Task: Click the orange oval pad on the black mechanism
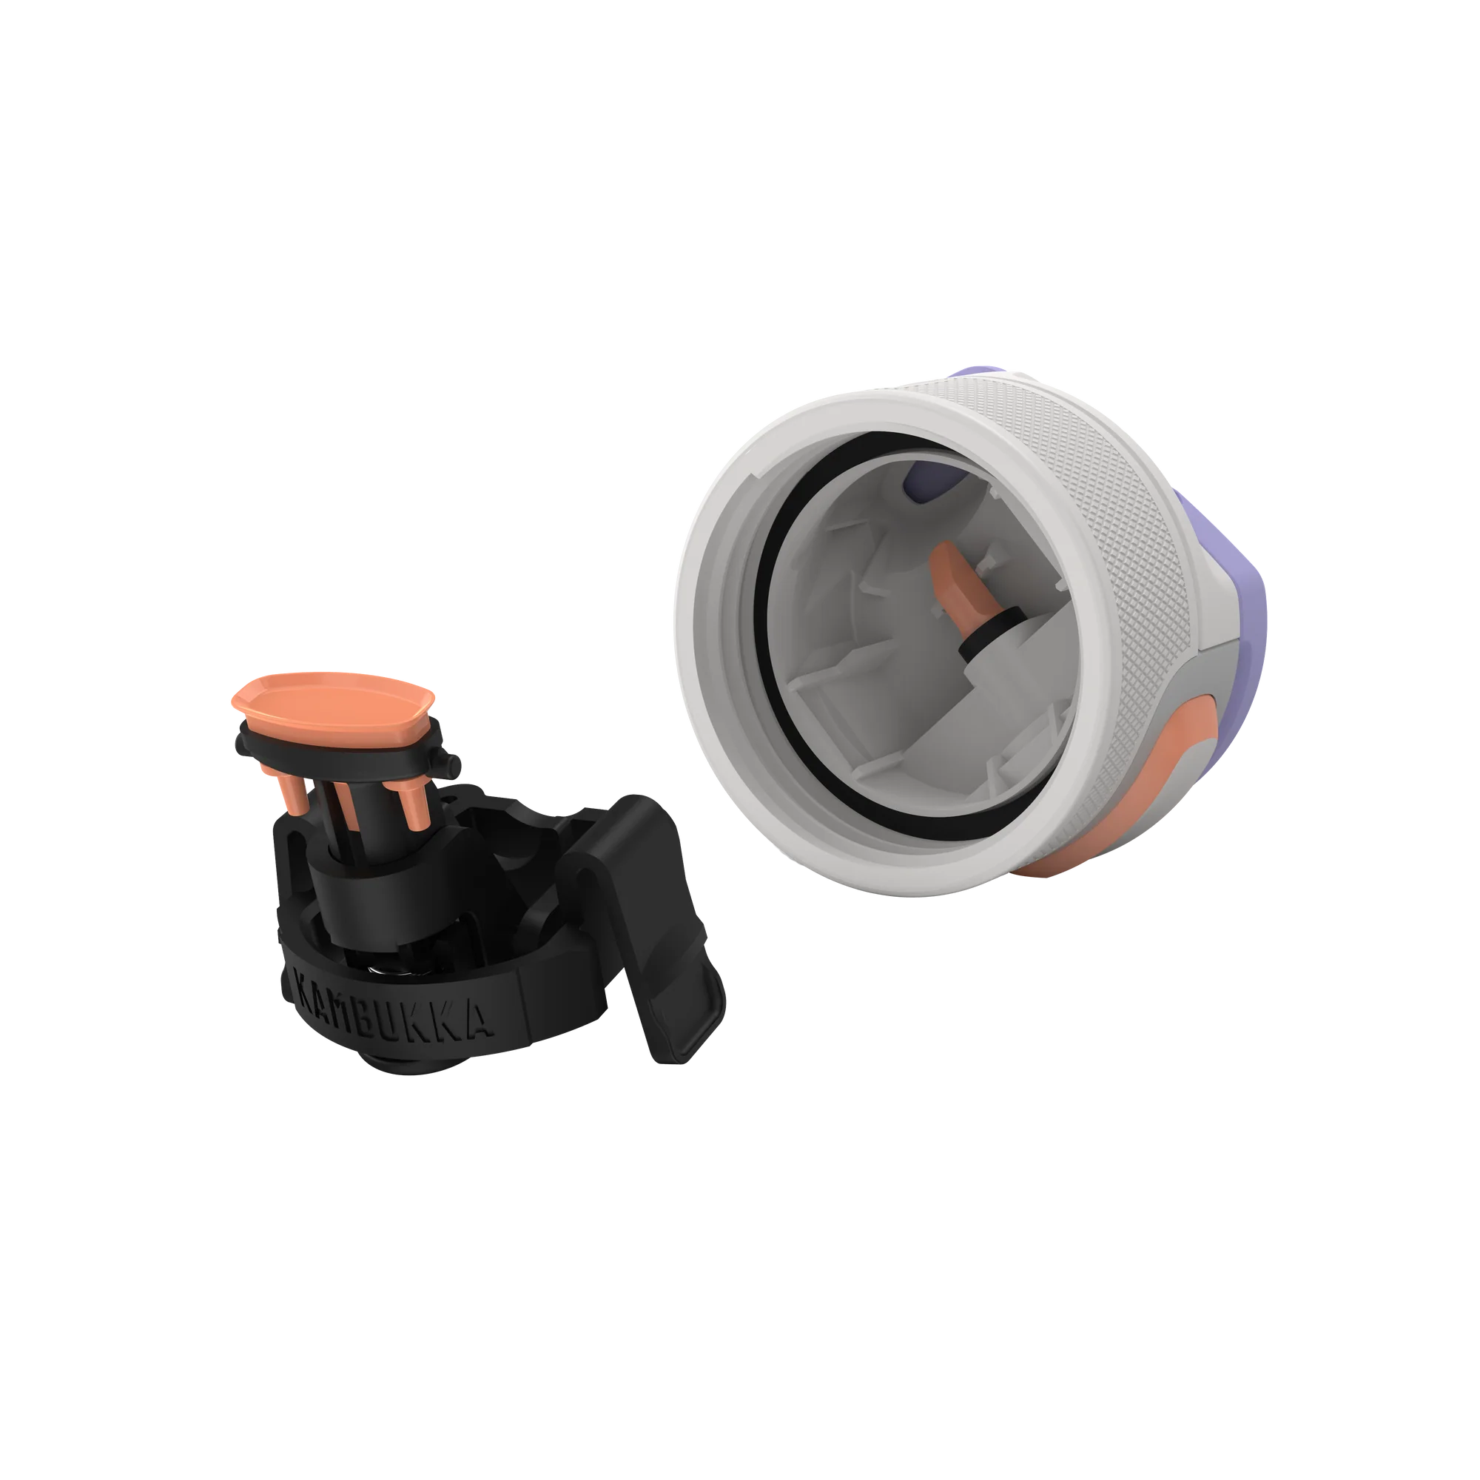(333, 699)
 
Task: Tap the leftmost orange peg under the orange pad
(290, 789)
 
